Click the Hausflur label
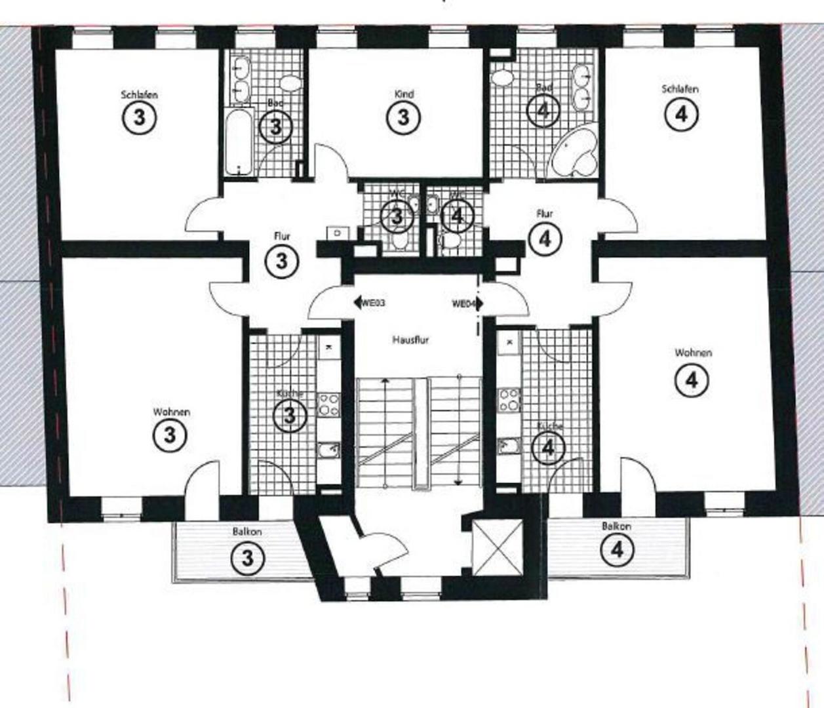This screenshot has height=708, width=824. pyautogui.click(x=411, y=340)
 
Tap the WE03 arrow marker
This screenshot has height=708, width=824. pyautogui.click(x=369, y=303)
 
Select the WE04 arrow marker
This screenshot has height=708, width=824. pyautogui.click(x=467, y=304)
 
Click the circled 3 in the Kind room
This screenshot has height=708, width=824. pyautogui.click(x=403, y=117)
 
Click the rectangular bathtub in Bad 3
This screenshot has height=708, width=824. pyautogui.click(x=239, y=142)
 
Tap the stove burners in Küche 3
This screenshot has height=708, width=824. pyautogui.click(x=328, y=404)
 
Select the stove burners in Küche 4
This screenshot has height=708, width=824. pyautogui.click(x=509, y=400)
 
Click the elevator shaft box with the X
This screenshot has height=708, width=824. pyautogui.click(x=499, y=547)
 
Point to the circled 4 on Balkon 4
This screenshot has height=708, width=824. pyautogui.click(x=617, y=549)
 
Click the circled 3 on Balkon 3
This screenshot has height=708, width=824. pyautogui.click(x=247, y=559)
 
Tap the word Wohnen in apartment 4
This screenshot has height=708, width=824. pyautogui.click(x=693, y=353)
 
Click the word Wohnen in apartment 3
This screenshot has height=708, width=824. pyautogui.click(x=171, y=412)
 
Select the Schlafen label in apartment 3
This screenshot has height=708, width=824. pyautogui.click(x=139, y=94)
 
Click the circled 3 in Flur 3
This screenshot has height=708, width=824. pyautogui.click(x=281, y=261)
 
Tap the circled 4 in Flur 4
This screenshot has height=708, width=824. pyautogui.click(x=544, y=239)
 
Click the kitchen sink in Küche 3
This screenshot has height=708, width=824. pyautogui.click(x=328, y=450)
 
